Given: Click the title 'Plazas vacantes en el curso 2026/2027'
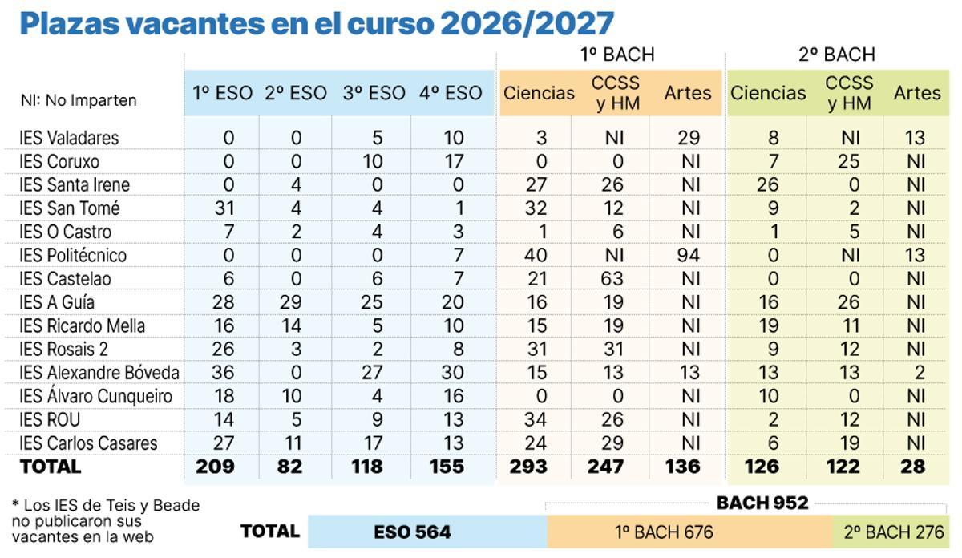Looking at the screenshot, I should tap(317, 23).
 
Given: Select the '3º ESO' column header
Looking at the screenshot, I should tap(374, 93).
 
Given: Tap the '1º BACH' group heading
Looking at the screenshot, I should tap(617, 55).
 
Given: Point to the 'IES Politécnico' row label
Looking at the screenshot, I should tap(73, 256).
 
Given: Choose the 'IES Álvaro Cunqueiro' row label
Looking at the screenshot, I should tap(96, 396).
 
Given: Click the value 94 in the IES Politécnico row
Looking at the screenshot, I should tap(688, 256).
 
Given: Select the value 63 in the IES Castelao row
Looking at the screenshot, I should tap(612, 279).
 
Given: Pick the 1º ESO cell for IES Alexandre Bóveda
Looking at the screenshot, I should tap(228, 373).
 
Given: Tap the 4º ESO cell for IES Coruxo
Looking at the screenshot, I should tap(454, 161).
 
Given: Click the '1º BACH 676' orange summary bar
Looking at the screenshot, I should tap(664, 532).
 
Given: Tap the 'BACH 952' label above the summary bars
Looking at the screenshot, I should tap(762, 503).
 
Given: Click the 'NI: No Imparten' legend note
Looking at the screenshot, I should tap(79, 100).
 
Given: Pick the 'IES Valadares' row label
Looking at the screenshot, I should tap(69, 138).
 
